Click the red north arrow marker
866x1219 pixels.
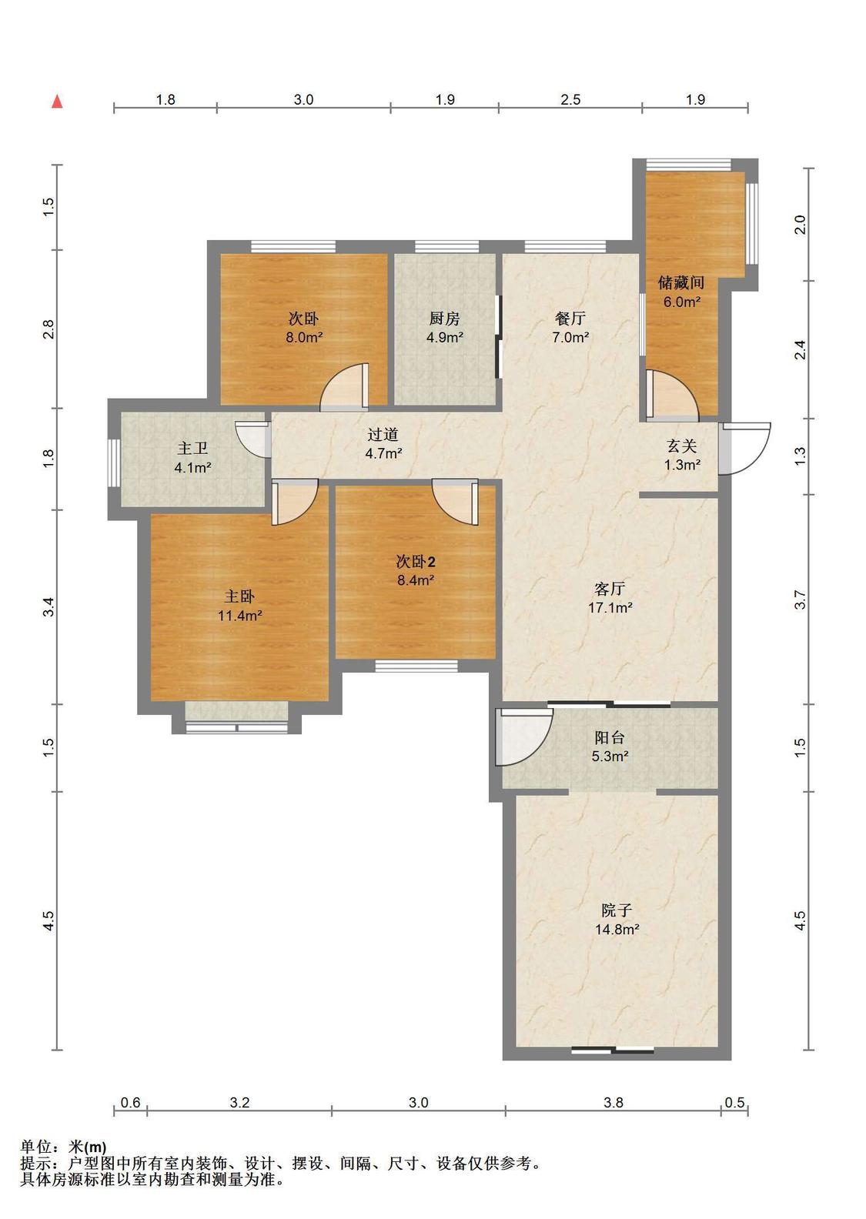coord(57,102)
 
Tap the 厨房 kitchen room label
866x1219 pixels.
coord(445,319)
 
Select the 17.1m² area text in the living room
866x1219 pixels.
coord(610,607)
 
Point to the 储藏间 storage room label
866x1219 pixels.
coord(681,282)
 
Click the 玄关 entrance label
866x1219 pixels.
coord(681,446)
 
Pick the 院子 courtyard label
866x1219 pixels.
coord(616,910)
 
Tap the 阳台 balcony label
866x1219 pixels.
coord(610,737)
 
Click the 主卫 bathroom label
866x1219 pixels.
coord(192,449)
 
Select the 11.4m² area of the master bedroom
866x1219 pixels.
coord(240,616)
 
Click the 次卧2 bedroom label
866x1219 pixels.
coord(416,562)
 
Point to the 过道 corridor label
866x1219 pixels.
coord(383,434)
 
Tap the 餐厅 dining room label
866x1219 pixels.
coord(570,319)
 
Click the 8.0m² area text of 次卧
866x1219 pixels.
coord(304,337)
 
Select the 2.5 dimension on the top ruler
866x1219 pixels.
coord(570,99)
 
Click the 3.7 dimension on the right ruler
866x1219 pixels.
coord(800,599)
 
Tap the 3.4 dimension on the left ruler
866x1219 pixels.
coord(49,606)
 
